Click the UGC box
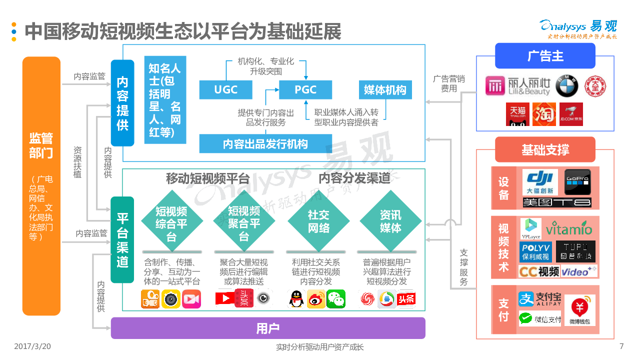(x=225, y=89)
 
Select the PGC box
(x=305, y=89)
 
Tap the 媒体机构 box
(x=385, y=89)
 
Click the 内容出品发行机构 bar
(x=265, y=144)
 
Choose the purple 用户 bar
(x=268, y=328)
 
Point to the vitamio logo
(x=568, y=229)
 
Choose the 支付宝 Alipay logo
(x=540, y=299)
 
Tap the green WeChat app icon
(x=336, y=299)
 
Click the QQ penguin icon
(x=296, y=299)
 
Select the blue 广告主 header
(x=545, y=55)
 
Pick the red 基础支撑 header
(x=545, y=149)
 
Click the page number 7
(x=621, y=346)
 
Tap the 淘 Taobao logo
(x=544, y=113)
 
